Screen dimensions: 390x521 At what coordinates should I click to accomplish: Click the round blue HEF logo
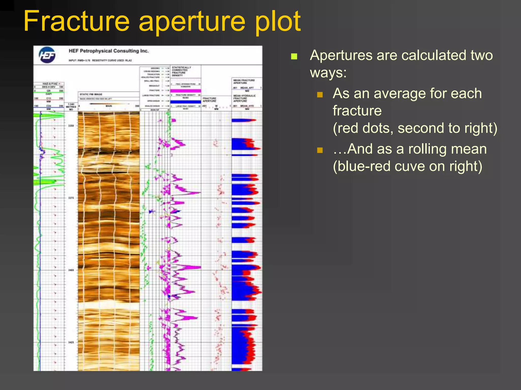pos(47,55)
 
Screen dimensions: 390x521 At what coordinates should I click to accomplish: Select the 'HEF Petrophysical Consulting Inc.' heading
pos(108,51)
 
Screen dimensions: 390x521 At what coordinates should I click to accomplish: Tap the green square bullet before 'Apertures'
pos(294,56)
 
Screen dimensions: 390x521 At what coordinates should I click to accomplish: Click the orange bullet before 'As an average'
pos(320,95)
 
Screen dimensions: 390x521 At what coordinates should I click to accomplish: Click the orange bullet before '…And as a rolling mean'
pos(320,150)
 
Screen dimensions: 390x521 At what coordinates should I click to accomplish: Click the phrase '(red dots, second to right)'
pos(415,128)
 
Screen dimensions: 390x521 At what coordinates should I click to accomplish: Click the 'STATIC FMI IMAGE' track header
pos(91,94)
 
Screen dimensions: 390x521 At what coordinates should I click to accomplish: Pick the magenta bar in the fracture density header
pos(185,91)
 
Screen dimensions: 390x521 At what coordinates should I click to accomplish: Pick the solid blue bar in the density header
pos(185,102)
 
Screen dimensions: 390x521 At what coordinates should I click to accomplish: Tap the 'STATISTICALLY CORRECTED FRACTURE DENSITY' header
pos(181,71)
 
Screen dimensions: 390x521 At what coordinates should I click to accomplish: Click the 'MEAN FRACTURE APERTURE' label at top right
pos(244,81)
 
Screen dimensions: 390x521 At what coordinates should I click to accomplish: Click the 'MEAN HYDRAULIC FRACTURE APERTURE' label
pos(244,98)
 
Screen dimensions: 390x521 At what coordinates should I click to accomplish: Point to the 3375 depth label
pos(71,198)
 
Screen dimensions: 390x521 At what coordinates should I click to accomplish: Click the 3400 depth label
pos(71,270)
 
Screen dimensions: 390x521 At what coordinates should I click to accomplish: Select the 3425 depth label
pos(71,342)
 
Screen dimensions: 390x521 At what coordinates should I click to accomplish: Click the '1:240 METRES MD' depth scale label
pos(71,107)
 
